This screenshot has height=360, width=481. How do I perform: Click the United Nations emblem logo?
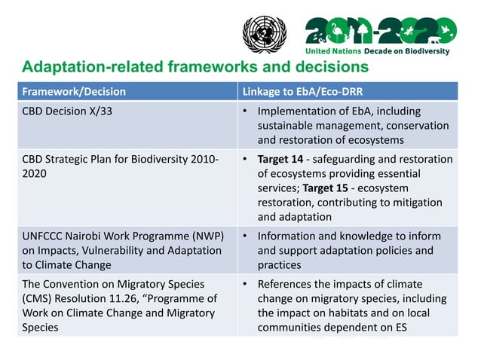(265, 35)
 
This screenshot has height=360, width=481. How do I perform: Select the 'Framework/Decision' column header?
(73, 92)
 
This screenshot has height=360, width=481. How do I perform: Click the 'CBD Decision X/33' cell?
(67, 112)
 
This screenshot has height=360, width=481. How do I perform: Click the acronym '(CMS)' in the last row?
(38, 298)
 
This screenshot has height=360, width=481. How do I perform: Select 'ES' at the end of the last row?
(393, 327)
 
